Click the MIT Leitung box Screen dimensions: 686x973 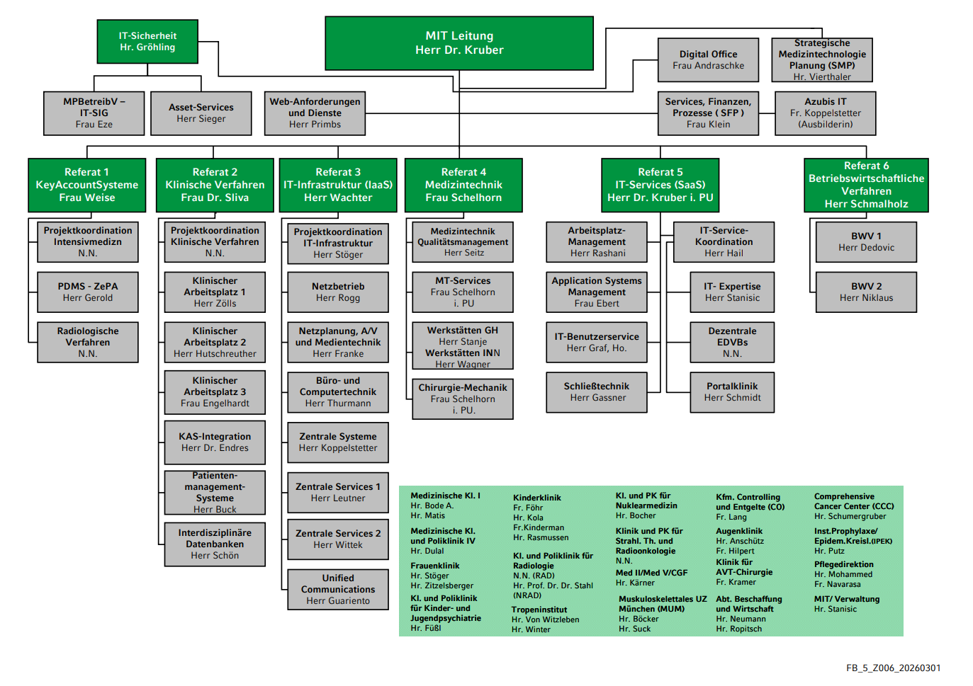[x=459, y=43]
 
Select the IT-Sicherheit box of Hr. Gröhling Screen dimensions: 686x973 [x=147, y=41]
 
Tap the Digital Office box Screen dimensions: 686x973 [x=708, y=59]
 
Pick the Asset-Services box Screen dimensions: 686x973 [x=201, y=113]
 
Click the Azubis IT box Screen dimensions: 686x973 [x=825, y=113]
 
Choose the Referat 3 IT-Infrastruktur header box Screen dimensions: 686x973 [x=338, y=185]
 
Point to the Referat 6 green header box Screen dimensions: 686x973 [x=866, y=185]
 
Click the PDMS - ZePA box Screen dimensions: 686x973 [x=88, y=292]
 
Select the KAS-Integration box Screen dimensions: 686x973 [x=215, y=442]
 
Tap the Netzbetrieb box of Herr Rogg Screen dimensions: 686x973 [x=338, y=292]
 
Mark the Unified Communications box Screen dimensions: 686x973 [x=338, y=589]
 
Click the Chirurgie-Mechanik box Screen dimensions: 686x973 [x=463, y=399]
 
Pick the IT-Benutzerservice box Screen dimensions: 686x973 [x=597, y=342]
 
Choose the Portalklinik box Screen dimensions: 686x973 [x=732, y=391]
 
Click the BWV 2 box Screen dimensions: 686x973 [x=866, y=292]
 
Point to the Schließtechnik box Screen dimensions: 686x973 [x=597, y=391]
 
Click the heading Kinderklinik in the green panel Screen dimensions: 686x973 [x=537, y=498]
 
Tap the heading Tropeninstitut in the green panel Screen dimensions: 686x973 [x=539, y=610]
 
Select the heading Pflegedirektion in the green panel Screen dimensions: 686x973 [x=844, y=564]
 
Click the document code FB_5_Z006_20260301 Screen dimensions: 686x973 [x=894, y=668]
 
